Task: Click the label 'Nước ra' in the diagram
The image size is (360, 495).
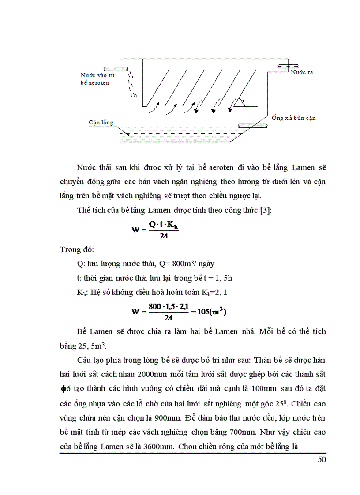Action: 302,71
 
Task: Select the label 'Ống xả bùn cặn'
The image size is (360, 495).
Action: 293,118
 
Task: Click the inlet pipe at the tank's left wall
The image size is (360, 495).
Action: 116,69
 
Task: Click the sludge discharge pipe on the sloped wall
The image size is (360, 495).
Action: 253,126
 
